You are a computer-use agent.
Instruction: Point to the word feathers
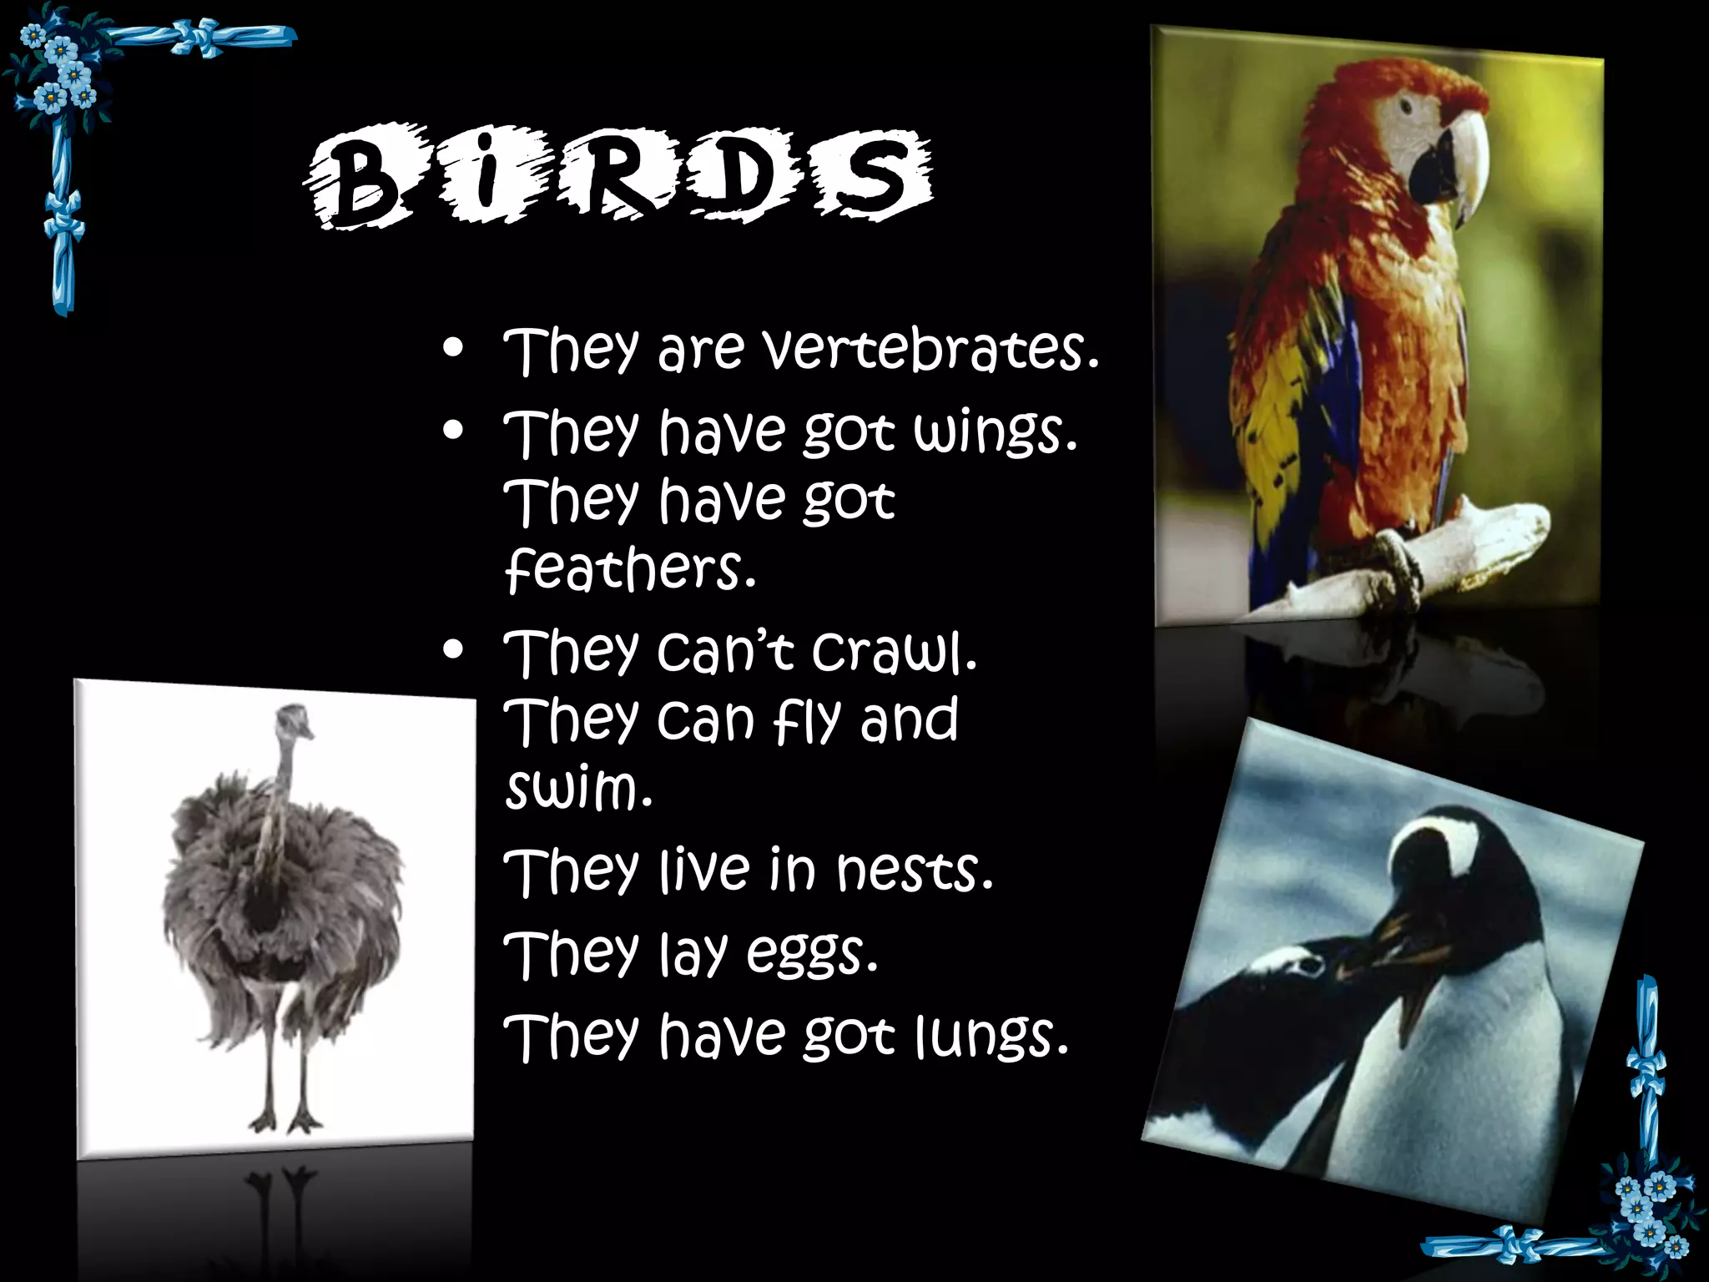coord(630,569)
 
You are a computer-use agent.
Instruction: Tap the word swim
coord(577,788)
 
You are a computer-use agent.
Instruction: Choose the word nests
coord(915,871)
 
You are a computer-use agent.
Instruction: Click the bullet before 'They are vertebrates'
coord(453,350)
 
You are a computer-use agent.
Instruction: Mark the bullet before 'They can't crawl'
coord(453,651)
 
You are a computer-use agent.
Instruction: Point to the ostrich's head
coord(294,719)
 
